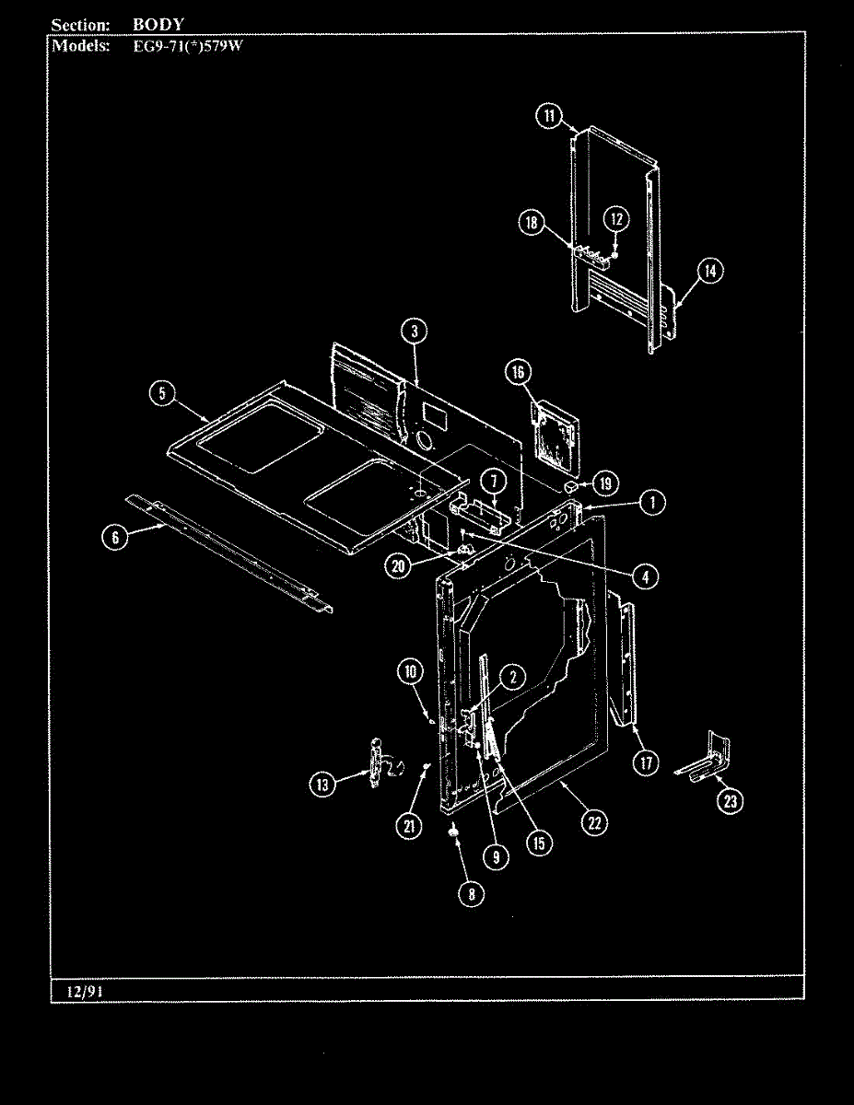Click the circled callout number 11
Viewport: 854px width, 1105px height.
(x=548, y=115)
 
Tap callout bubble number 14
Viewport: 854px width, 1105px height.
(x=709, y=271)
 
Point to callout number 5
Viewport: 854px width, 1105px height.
(x=161, y=393)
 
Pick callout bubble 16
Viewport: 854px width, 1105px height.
(x=518, y=371)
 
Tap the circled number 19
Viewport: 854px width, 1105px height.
(x=605, y=483)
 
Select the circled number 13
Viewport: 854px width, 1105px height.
(x=322, y=784)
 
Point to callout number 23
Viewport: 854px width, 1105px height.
(x=731, y=801)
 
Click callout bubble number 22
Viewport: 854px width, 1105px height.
(x=595, y=822)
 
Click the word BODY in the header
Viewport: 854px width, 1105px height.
(x=158, y=25)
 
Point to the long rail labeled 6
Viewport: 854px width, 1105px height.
(x=230, y=552)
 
